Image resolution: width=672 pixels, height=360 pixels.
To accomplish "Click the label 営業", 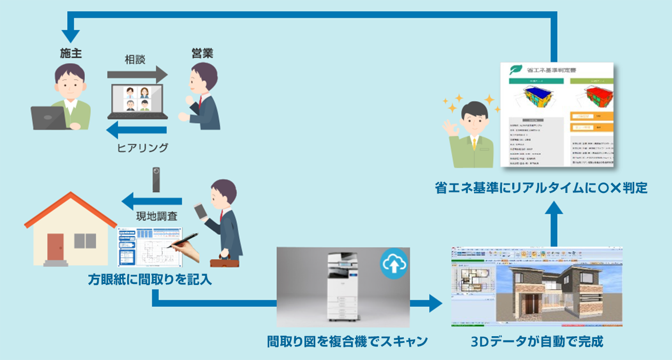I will [x=201, y=53].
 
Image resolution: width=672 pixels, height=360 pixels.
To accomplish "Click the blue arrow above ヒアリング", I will [x=137, y=129].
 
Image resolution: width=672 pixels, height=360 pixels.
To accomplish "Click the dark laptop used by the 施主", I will [x=49, y=118].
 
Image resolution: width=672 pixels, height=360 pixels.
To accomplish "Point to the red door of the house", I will [x=55, y=247].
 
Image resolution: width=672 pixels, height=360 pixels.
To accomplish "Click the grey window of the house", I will [x=85, y=241].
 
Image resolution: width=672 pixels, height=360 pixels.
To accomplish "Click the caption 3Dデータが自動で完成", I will [x=537, y=341].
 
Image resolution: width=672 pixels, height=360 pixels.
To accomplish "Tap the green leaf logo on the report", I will [x=515, y=70].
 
